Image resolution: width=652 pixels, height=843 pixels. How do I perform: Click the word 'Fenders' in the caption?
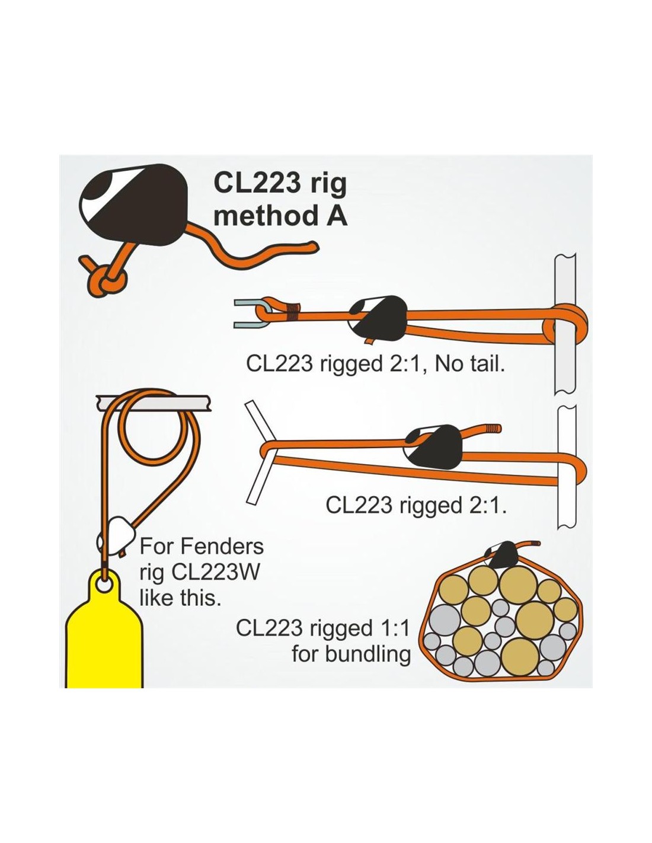tap(222, 547)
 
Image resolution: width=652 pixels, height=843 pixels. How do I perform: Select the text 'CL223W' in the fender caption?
tap(215, 573)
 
